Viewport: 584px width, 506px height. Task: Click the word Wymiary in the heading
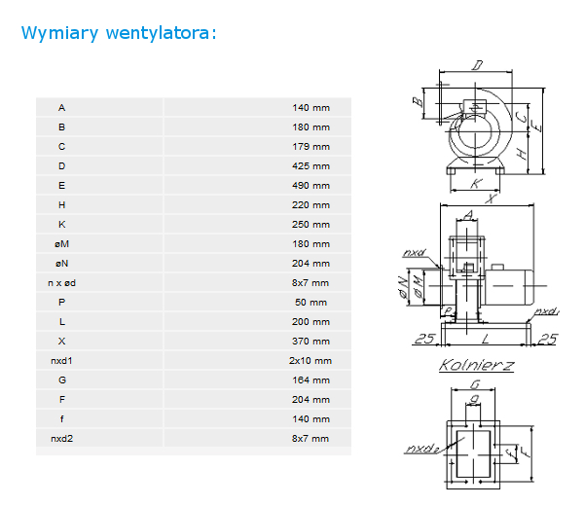[60, 33]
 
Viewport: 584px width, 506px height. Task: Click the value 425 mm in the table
[311, 166]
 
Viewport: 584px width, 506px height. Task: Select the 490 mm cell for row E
[311, 186]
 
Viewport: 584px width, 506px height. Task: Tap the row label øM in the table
[62, 244]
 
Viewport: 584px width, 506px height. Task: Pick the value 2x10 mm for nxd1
[310, 361]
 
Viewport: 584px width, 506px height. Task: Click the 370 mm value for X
[311, 341]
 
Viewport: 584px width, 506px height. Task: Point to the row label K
[62, 225]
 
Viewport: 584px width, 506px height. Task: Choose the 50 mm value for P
[311, 303]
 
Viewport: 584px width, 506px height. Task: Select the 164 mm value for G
[311, 380]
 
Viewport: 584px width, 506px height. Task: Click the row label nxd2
[62, 439]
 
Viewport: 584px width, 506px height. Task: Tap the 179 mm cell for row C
[311, 147]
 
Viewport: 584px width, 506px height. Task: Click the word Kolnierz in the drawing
[476, 365]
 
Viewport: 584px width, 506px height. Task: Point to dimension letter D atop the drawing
[478, 65]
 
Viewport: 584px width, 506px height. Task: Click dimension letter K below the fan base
[476, 184]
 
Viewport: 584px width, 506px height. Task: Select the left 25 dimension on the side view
[424, 339]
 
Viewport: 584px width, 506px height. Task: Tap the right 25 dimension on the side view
[548, 339]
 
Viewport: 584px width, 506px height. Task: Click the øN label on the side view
[403, 287]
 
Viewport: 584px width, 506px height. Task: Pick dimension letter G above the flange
[475, 383]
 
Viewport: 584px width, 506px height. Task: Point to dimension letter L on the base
[486, 339]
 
